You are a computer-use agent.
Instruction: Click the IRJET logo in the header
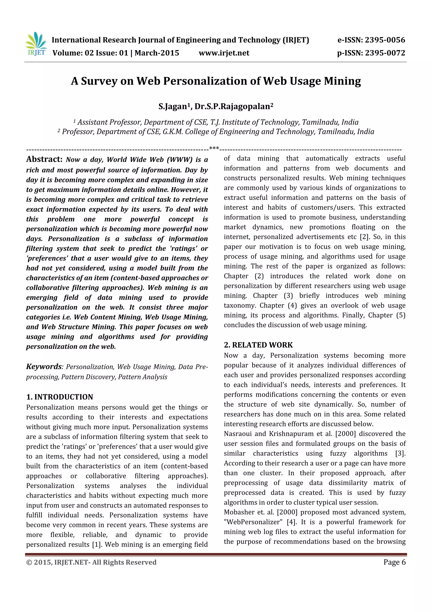point(36,44)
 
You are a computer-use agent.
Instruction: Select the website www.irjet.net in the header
point(224,53)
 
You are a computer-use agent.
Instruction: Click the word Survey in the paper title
point(99,81)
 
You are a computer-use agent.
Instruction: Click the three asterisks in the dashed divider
point(214,148)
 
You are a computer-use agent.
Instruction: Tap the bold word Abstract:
point(44,159)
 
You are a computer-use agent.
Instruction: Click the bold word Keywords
point(44,367)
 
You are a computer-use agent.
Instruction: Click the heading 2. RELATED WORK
point(258,345)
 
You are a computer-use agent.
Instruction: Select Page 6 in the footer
point(394,562)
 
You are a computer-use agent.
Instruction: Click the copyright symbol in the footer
point(29,562)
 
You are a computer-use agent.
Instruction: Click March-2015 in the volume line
point(157,53)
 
